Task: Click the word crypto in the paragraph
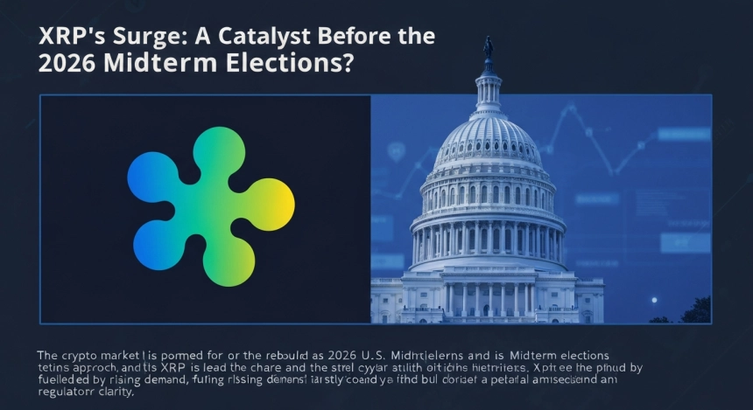tap(86, 356)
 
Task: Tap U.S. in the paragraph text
tap(371, 356)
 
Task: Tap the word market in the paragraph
tap(134, 356)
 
